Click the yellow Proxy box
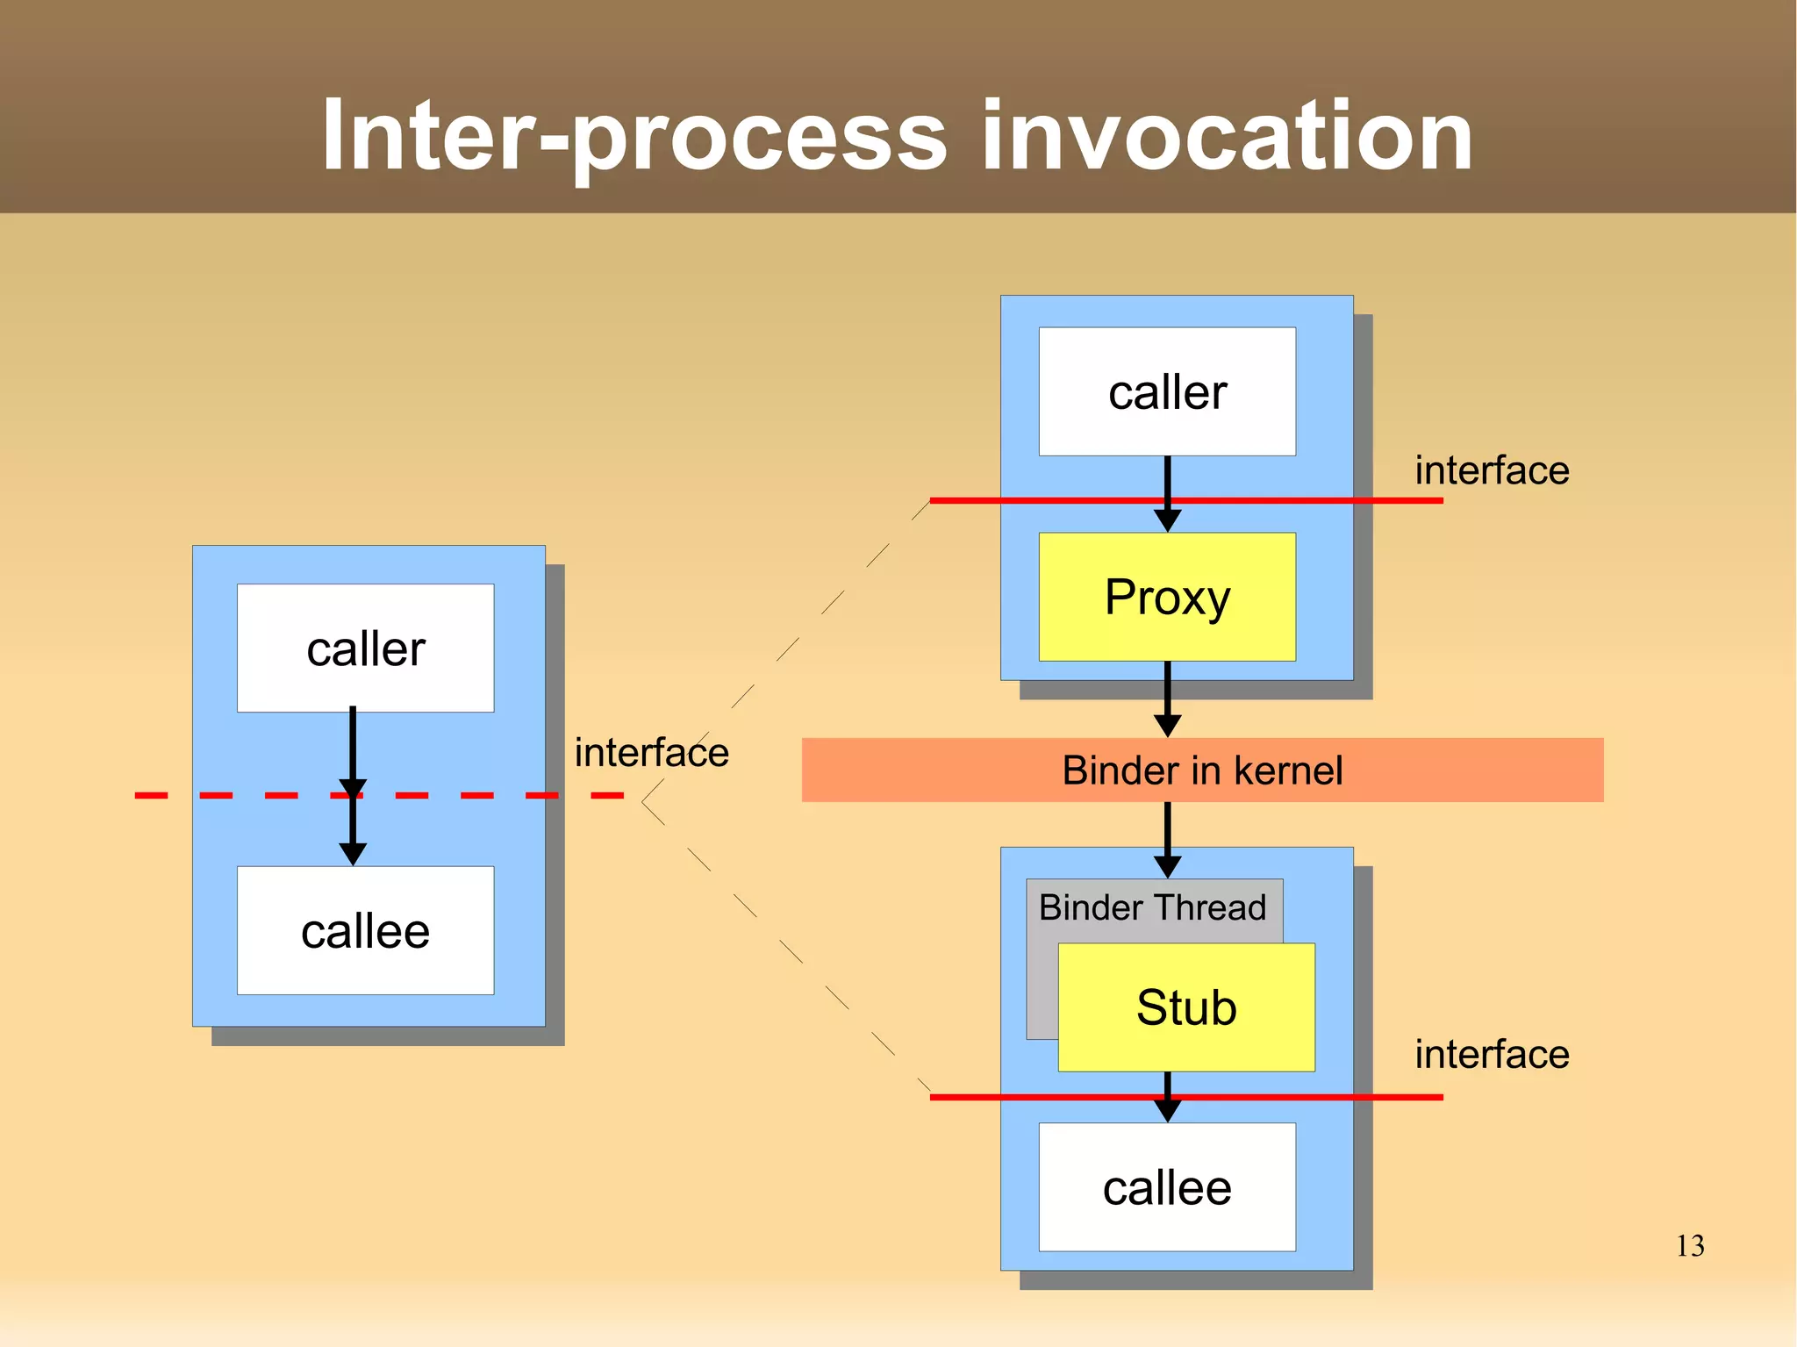[1167, 597]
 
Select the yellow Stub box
[1186, 1007]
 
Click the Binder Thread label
[1152, 907]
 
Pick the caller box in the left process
[365, 648]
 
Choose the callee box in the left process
[365, 931]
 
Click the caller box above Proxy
[1167, 391]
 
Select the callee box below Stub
[1167, 1188]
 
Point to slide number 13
[1690, 1246]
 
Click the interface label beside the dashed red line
[651, 753]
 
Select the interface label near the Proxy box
[1492, 470]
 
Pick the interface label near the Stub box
[1492, 1054]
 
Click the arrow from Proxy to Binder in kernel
[1167, 698]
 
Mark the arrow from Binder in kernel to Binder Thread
[1167, 838]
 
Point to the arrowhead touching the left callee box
[353, 853]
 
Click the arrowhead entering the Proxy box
[1167, 520]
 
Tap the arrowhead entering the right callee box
[1167, 1111]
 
